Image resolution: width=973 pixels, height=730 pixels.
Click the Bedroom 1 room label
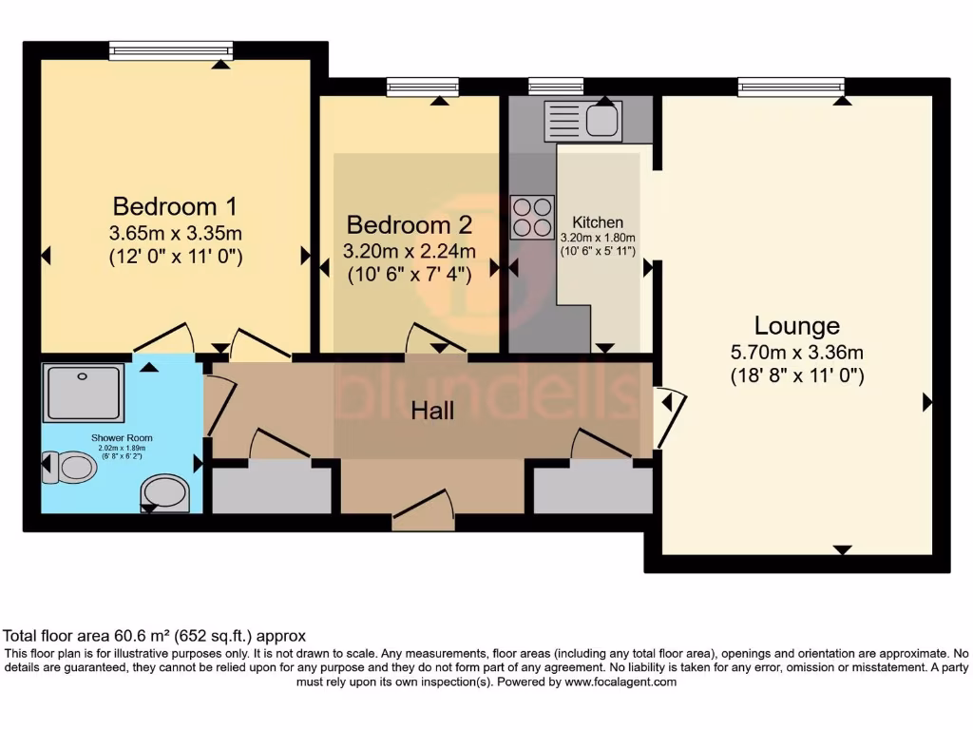click(x=175, y=205)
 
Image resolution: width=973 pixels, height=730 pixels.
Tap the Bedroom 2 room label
click(x=409, y=225)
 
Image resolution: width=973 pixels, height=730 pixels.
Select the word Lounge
click(x=796, y=326)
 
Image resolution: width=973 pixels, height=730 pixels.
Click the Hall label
click(x=431, y=411)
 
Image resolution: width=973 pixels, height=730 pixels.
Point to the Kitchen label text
click(x=598, y=222)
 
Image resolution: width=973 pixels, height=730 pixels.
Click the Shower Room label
click(x=122, y=438)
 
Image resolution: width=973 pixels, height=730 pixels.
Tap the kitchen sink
click(x=583, y=121)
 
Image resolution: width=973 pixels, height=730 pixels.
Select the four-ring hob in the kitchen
click(x=532, y=217)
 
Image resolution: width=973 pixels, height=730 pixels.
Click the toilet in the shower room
click(x=65, y=467)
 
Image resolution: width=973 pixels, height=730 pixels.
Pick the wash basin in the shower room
click(x=164, y=492)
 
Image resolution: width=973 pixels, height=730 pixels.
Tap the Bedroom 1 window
click(x=171, y=50)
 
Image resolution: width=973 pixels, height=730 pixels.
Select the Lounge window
click(x=791, y=87)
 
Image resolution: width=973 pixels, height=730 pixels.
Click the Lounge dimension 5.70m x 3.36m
click(x=796, y=352)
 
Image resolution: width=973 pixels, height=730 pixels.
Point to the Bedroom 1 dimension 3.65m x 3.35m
click(x=175, y=232)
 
